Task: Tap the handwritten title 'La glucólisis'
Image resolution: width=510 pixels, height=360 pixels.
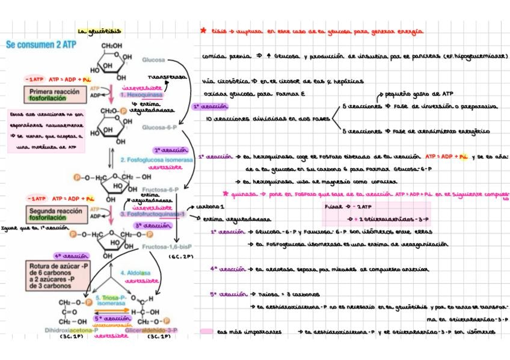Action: pyautogui.click(x=100, y=31)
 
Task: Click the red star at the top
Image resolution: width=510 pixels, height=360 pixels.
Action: pyautogui.click(x=203, y=29)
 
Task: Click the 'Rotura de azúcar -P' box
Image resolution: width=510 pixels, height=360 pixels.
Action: pyautogui.click(x=55, y=275)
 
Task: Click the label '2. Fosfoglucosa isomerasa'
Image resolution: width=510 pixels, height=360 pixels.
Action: pyautogui.click(x=156, y=160)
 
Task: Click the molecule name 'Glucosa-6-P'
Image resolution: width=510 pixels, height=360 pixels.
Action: pyautogui.click(x=159, y=127)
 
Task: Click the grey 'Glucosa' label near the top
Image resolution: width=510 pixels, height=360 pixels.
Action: pyautogui.click(x=153, y=60)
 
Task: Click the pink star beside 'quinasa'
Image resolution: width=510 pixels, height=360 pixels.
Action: pyautogui.click(x=226, y=194)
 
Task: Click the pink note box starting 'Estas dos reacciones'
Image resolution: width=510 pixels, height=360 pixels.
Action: pyautogui.click(x=46, y=130)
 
